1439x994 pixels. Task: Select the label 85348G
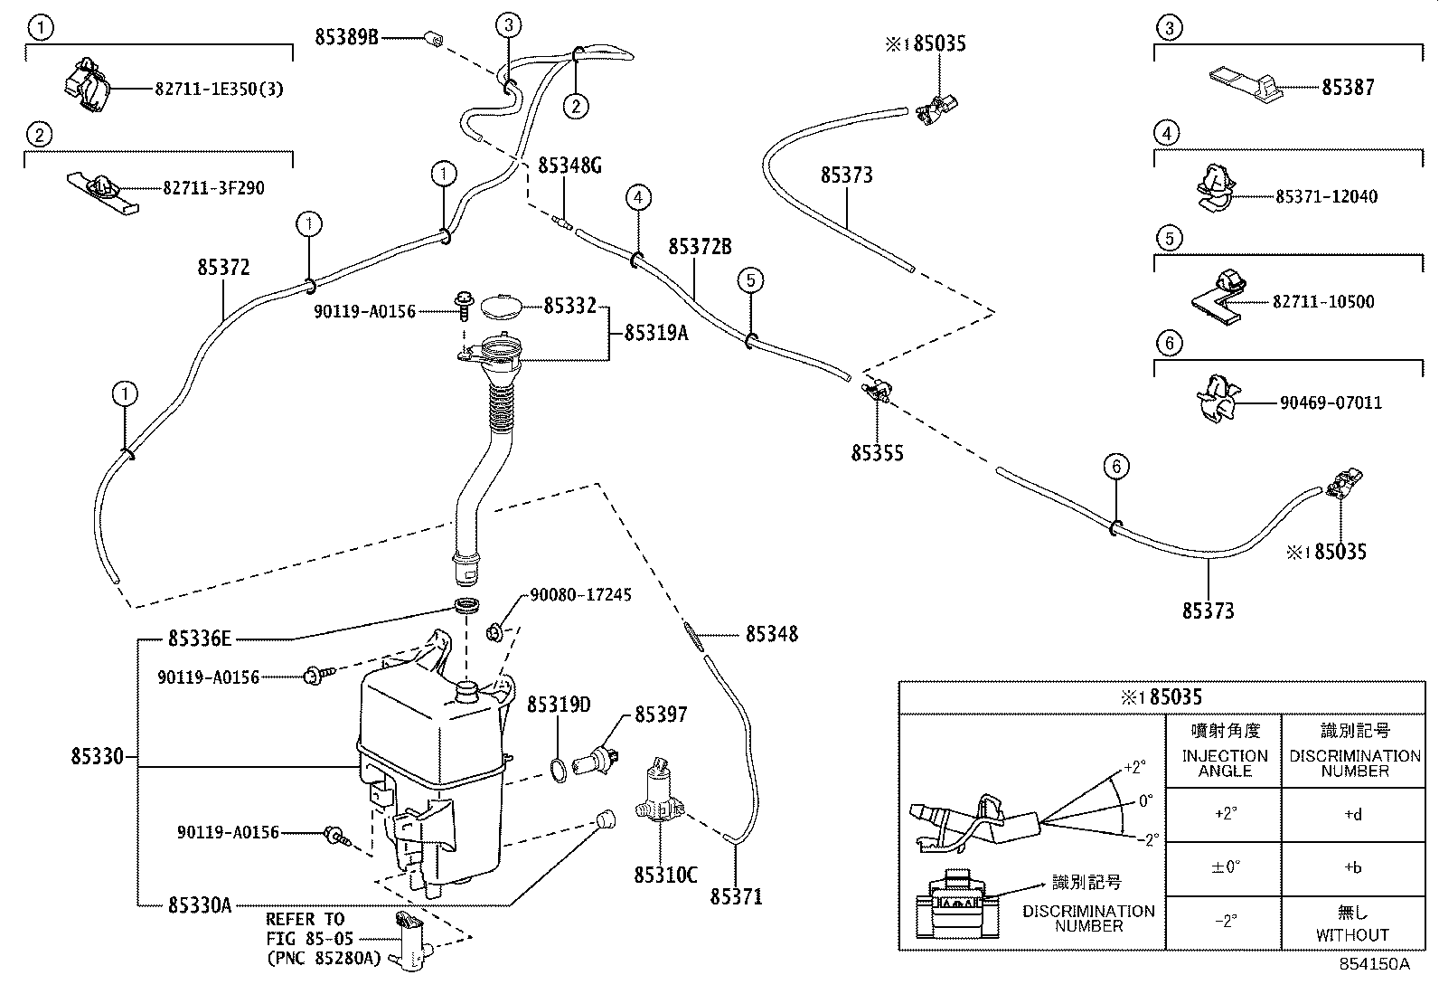tap(569, 165)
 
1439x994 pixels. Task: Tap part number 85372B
tap(700, 246)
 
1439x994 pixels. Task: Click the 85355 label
tap(877, 452)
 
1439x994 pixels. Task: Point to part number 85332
tap(569, 307)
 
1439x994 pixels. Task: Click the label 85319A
tap(656, 333)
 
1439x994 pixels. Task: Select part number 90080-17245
tap(580, 594)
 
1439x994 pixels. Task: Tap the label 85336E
tap(200, 639)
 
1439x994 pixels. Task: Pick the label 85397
tap(660, 715)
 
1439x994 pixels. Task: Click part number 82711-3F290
tap(214, 188)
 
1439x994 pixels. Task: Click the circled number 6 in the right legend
tap(1169, 343)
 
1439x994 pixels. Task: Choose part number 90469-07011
tap(1331, 402)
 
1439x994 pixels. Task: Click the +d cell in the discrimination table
tap(1352, 814)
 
